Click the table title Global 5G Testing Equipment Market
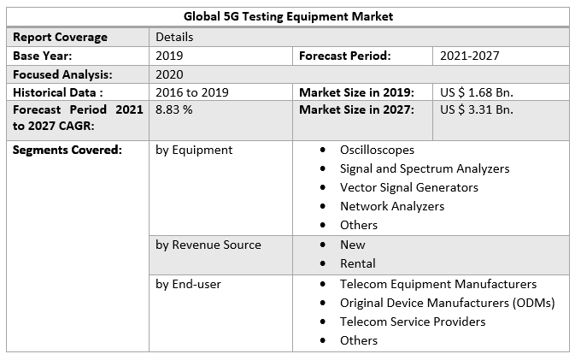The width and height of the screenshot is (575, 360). pos(288,16)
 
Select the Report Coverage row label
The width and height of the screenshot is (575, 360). pos(60,37)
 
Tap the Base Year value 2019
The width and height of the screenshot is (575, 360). pos(170,56)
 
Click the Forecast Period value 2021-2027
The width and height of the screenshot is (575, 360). pos(469,56)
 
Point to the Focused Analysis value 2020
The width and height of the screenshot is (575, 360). pos(169,74)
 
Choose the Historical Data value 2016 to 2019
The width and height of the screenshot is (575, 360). pos(191,92)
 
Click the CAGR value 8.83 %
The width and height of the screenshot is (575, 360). pos(174,110)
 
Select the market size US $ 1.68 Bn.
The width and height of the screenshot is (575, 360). pos(476,92)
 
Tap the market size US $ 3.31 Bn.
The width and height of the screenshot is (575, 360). pos(476,110)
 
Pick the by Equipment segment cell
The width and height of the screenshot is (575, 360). pos(194,150)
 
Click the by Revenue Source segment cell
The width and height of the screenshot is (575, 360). pos(208,245)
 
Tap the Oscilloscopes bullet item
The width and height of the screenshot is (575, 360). pos(377,150)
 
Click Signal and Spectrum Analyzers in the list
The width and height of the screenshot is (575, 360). pos(424,168)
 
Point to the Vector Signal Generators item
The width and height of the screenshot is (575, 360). pos(408,187)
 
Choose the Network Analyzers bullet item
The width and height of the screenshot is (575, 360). pos(391,206)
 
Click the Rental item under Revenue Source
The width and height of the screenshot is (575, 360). pos(357,263)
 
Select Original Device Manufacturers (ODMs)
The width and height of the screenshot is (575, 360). pos(447,303)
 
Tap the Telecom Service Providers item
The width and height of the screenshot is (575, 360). pos(412,322)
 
